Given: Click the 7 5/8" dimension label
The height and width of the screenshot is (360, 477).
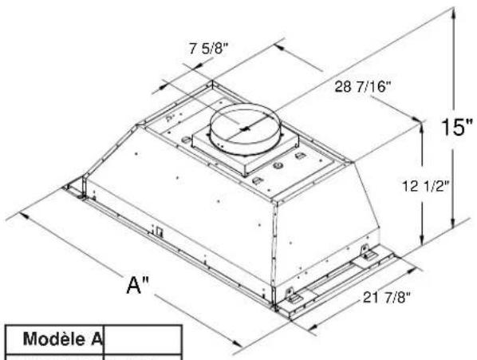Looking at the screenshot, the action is point(208,49).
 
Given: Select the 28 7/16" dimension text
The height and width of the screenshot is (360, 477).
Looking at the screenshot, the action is point(362,87).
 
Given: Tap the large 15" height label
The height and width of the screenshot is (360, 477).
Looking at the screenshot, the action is point(457,127).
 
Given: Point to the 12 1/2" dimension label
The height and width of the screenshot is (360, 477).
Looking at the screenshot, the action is point(426,186).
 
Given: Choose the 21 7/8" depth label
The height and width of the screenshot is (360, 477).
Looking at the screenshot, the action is point(387,297).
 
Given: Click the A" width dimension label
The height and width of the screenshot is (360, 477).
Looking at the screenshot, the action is point(138,286).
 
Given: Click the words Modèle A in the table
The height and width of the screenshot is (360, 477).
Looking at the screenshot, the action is point(62,338).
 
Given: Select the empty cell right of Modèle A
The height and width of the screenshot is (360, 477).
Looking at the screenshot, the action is point(143,339).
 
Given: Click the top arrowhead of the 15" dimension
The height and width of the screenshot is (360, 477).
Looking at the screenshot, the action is point(454,12).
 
